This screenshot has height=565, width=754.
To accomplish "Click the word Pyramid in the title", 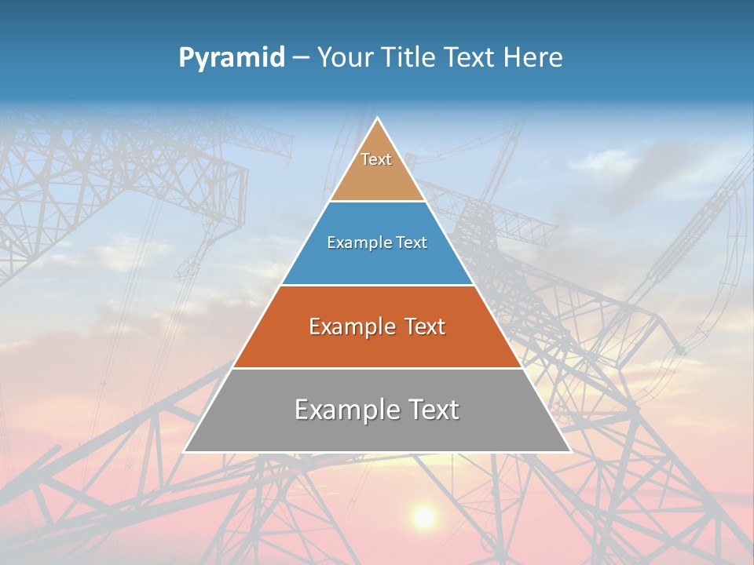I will [231, 58].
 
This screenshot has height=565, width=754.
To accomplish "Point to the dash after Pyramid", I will [301, 58].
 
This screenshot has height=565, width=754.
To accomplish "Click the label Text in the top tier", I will [376, 159].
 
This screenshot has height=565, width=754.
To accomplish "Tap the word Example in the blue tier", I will [351, 243].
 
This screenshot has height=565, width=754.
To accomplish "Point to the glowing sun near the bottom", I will [424, 516].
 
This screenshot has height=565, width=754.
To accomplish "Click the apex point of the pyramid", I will [377, 118].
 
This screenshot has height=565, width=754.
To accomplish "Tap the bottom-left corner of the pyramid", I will [185, 451].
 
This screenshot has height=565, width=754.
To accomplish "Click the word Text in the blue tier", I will [412, 243].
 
